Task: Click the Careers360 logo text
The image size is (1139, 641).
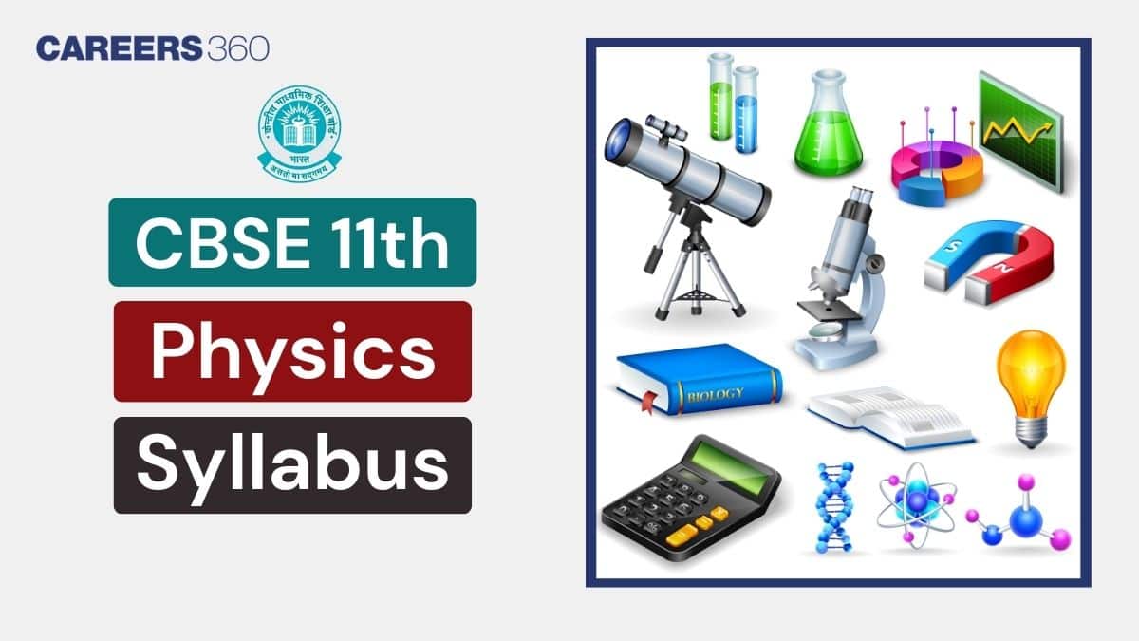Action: click(x=152, y=47)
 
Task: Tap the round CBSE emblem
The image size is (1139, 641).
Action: click(x=300, y=131)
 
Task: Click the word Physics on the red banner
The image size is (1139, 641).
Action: click(x=292, y=350)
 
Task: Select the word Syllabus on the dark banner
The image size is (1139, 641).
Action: click(x=292, y=465)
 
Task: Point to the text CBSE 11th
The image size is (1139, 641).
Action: click(x=292, y=242)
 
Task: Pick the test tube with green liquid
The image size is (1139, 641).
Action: click(x=721, y=95)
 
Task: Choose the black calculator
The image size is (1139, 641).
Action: click(x=688, y=499)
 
